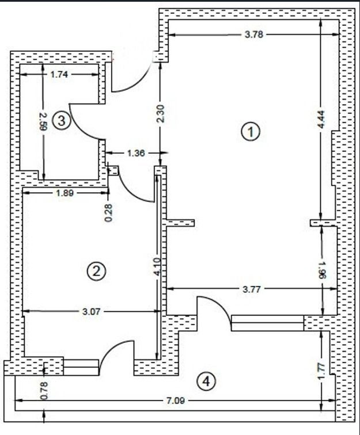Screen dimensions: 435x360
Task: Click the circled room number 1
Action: point(251,132)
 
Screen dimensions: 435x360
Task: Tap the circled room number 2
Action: point(96,270)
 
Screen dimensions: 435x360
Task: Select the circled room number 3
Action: point(61,121)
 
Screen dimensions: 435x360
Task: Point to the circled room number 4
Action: point(206,380)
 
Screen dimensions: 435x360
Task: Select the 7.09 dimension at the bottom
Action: point(169,399)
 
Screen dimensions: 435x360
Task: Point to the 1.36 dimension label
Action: point(134,153)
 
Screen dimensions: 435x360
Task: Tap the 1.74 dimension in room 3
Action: point(62,74)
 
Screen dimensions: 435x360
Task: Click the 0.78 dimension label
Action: point(44,391)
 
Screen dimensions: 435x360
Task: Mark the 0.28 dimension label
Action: point(109,212)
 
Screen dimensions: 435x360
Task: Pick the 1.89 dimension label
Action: point(65,194)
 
